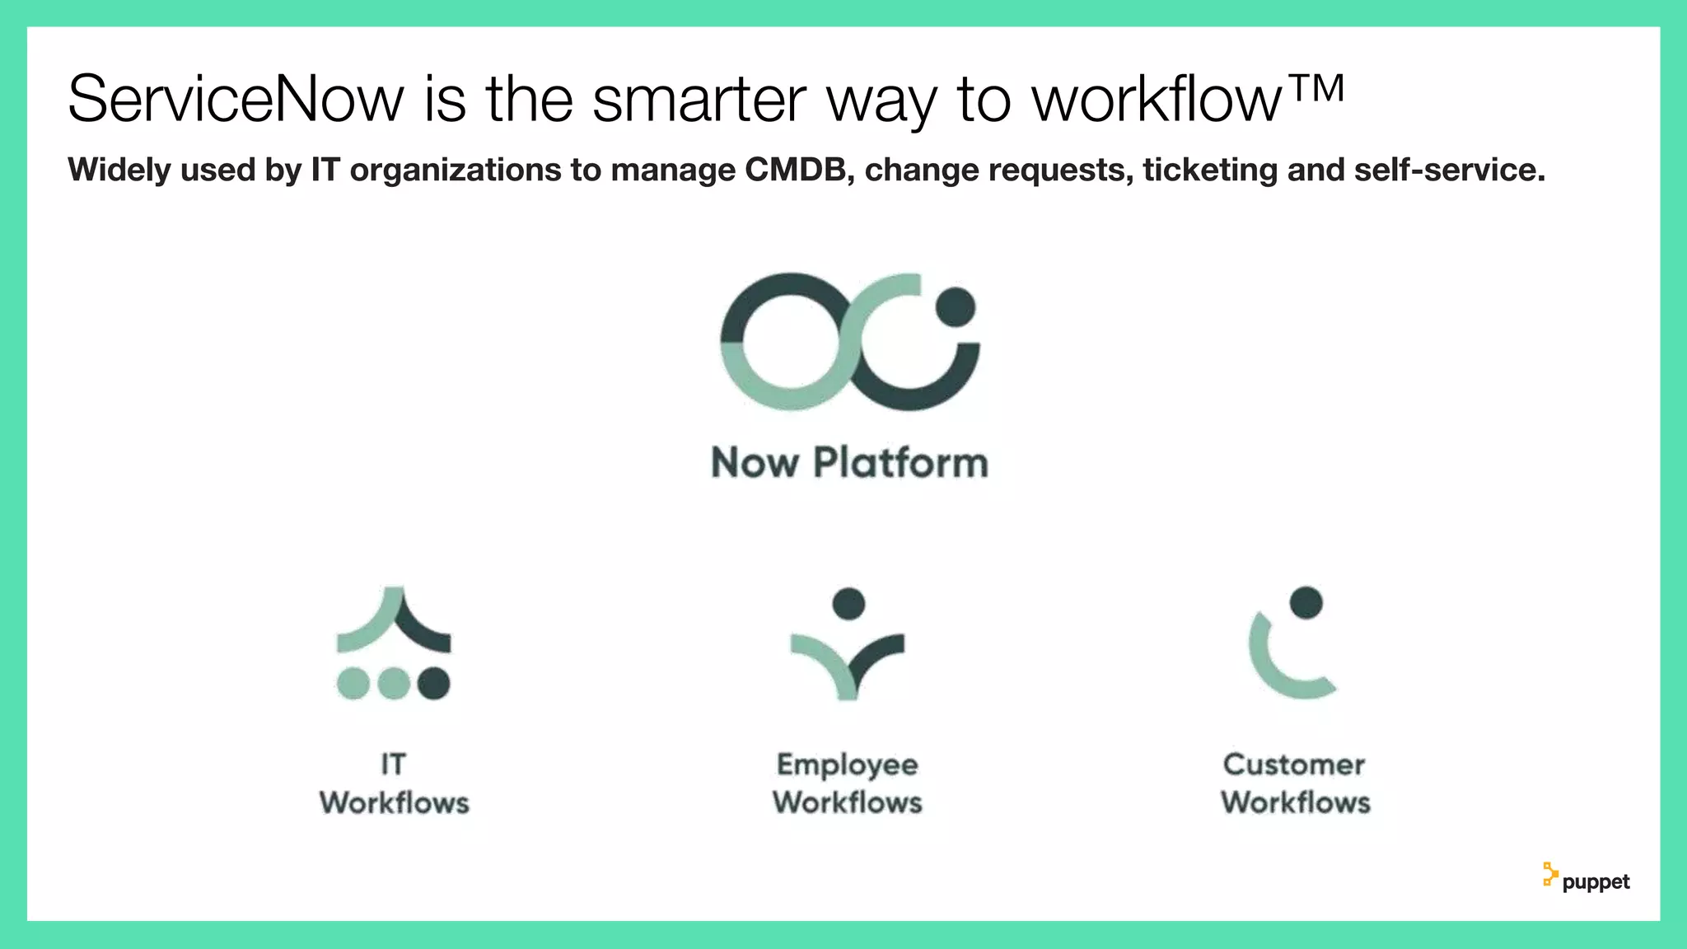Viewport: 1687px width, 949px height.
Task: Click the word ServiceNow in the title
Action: tap(236, 100)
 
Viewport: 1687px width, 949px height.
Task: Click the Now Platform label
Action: tap(849, 462)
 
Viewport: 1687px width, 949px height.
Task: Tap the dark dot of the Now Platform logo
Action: tap(956, 307)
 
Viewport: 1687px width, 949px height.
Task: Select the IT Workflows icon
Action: tap(394, 643)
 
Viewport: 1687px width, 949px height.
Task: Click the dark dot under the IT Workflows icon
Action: tap(434, 683)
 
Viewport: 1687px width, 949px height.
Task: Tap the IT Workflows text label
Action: tap(395, 783)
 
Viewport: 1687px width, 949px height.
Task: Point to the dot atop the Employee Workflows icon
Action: tap(848, 603)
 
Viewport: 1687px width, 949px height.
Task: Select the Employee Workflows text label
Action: tap(848, 783)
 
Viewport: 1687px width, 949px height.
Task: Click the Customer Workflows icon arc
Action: tap(1273, 667)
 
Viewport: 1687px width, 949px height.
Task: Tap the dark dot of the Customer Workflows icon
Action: tap(1306, 602)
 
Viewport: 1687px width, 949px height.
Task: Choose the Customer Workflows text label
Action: tap(1295, 783)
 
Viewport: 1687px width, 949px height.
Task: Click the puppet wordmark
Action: tap(1596, 882)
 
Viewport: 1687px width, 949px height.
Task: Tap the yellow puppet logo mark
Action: tap(1549, 875)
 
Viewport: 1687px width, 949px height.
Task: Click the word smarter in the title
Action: tap(699, 100)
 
